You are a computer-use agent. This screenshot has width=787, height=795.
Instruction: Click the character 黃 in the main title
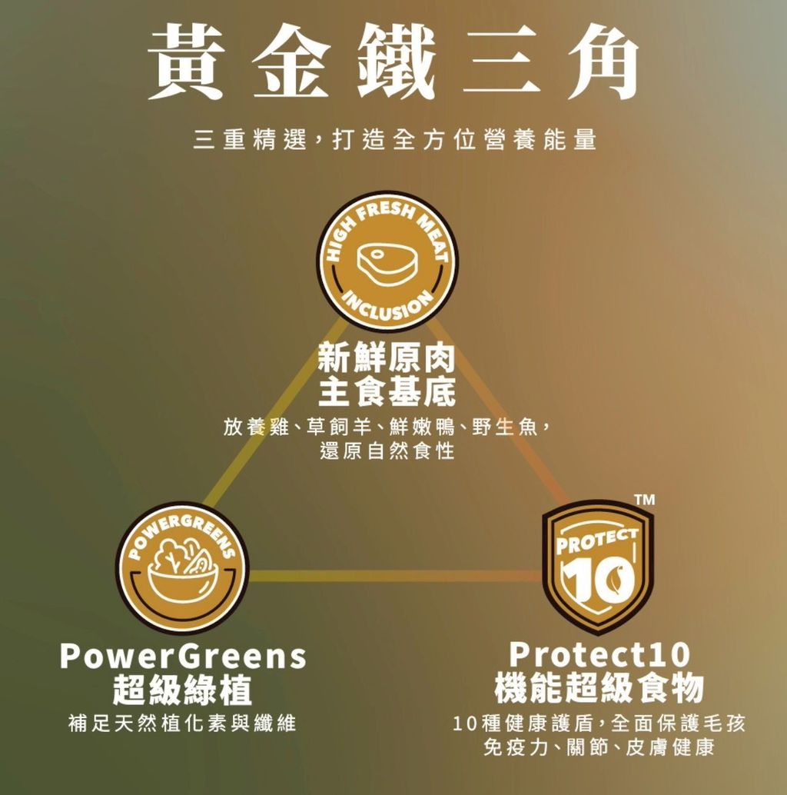(186, 62)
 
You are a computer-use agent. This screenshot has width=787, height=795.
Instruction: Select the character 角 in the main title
(603, 62)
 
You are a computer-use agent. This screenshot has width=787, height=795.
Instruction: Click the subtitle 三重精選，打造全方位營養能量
(395, 139)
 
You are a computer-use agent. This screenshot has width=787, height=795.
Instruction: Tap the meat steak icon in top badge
(387, 264)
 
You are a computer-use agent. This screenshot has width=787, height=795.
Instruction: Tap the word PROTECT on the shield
(596, 541)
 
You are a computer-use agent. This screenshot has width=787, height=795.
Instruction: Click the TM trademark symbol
(645, 500)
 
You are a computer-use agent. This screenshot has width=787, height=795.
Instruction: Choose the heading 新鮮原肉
(387, 358)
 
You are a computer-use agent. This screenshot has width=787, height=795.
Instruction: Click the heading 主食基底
(387, 391)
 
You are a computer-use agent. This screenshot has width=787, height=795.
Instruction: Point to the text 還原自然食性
(387, 451)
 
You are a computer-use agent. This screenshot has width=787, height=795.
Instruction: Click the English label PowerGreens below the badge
(183, 656)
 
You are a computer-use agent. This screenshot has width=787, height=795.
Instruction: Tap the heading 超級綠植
(182, 690)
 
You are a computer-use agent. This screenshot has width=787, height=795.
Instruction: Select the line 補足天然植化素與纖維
(182, 723)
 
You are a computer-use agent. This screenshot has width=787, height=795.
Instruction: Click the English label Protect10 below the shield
(599, 654)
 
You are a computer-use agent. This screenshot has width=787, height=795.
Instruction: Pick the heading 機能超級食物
(599, 688)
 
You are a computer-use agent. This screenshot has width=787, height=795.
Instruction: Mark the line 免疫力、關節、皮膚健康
(599, 747)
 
